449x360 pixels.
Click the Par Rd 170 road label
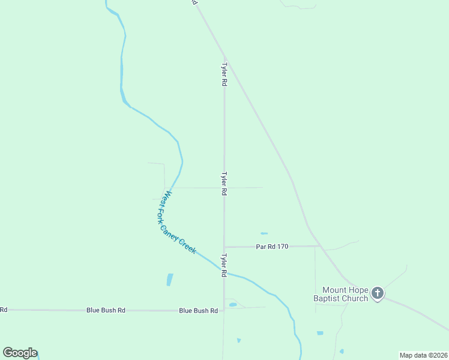point(273,246)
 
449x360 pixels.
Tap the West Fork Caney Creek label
point(179,222)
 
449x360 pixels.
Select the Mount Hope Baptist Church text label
point(341,294)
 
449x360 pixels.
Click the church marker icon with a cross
point(377,293)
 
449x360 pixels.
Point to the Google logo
point(20,353)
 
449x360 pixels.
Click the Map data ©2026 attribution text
point(423,355)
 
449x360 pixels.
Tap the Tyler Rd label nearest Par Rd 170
point(223,265)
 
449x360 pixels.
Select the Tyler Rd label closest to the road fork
point(224,74)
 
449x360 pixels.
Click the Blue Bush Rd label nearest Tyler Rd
point(198,311)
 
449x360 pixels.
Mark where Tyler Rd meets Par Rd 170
point(224,247)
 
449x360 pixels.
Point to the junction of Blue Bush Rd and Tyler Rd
point(223,310)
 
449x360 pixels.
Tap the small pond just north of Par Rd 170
point(264,233)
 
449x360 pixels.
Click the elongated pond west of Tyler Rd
point(169,280)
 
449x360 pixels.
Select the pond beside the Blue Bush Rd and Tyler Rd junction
point(233,305)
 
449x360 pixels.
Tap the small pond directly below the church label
point(320,333)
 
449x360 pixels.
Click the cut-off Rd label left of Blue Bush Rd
point(4,310)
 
